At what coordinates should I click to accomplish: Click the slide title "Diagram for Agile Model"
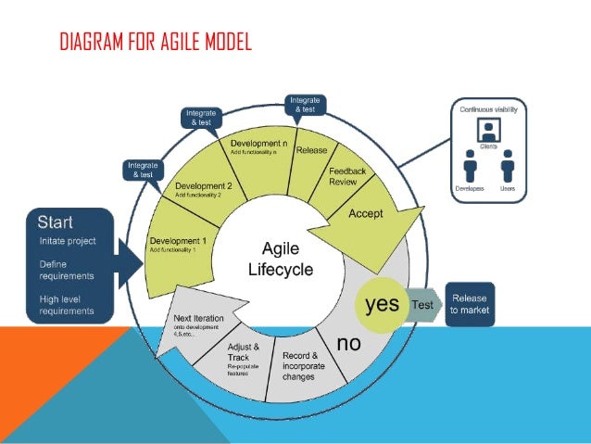(x=155, y=43)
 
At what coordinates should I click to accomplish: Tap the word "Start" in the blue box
(x=56, y=222)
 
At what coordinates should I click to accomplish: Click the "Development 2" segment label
(x=203, y=185)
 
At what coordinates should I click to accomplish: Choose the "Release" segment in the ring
(x=310, y=150)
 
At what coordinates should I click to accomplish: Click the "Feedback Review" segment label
(x=347, y=176)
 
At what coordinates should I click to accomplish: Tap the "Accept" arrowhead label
(x=365, y=213)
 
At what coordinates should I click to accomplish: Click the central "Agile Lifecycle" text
(x=280, y=259)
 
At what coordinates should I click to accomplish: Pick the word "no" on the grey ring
(x=348, y=344)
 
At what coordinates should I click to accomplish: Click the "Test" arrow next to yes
(x=421, y=305)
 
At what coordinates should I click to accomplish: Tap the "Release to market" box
(x=469, y=305)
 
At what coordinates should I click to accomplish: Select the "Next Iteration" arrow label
(x=196, y=320)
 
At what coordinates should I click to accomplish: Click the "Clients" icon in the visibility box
(x=486, y=133)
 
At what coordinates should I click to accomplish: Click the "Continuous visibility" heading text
(x=487, y=109)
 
